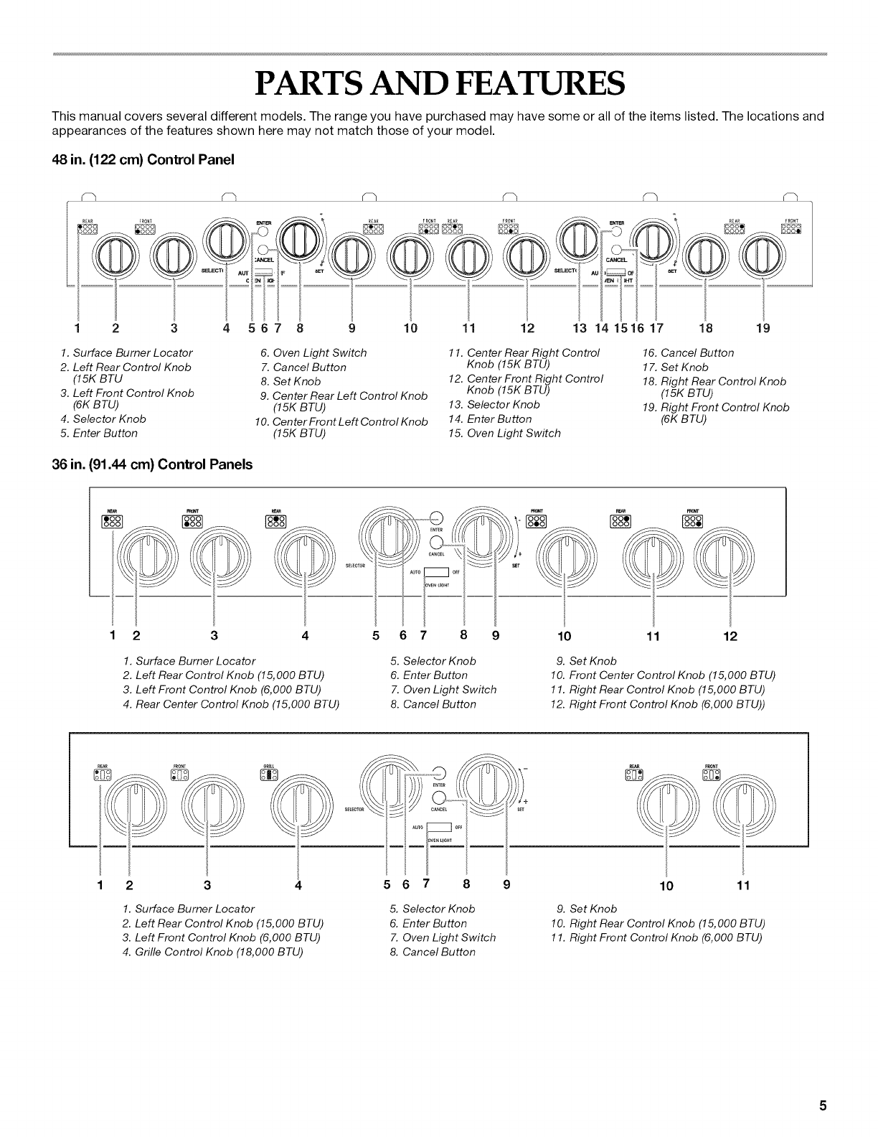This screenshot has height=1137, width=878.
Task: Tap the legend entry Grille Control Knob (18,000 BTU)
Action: pyautogui.click(x=213, y=952)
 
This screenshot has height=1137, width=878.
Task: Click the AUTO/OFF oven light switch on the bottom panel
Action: pyautogui.click(x=436, y=826)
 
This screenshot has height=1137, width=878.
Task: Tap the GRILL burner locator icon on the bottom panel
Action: pyautogui.click(x=269, y=773)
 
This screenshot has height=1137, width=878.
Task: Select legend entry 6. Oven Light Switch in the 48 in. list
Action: pyautogui.click(x=313, y=352)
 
